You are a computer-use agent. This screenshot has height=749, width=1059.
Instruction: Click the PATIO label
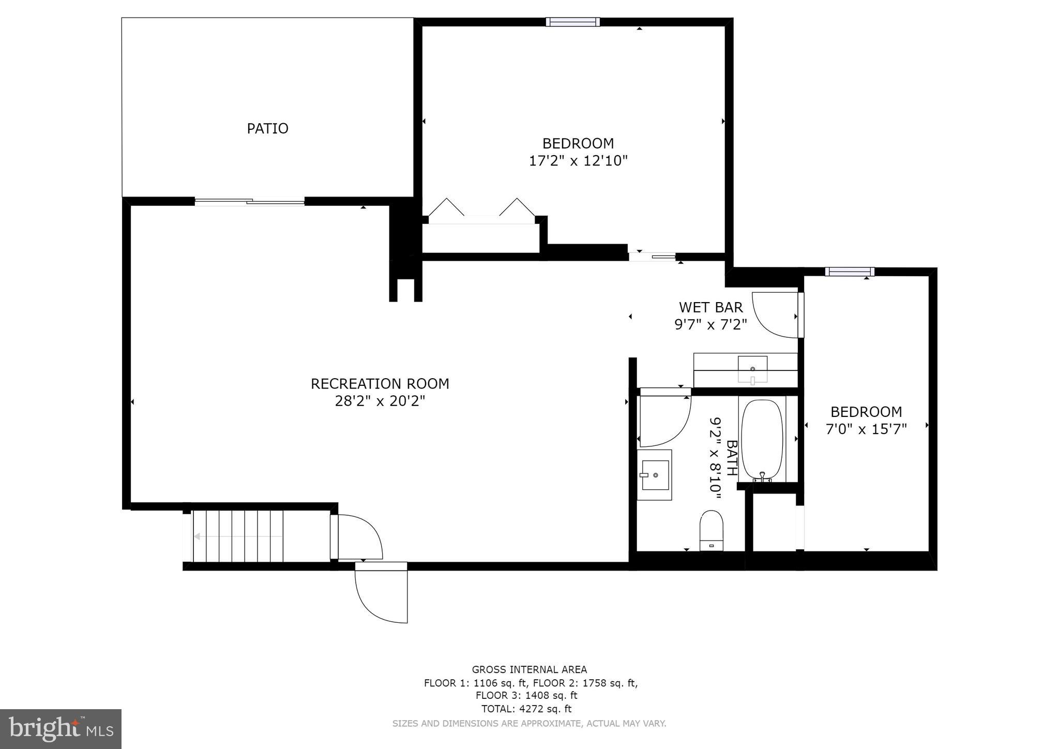pos(267,128)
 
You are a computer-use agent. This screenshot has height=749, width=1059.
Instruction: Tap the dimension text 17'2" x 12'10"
pos(578,161)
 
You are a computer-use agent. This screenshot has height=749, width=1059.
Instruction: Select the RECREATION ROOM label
pos(380,384)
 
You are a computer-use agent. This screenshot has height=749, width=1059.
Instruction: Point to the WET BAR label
pos(710,307)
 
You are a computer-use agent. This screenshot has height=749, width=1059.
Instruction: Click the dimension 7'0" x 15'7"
pos(866,429)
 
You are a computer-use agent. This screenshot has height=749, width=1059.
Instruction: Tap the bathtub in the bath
pos(762,440)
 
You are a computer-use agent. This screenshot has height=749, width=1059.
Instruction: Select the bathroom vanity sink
pos(655,474)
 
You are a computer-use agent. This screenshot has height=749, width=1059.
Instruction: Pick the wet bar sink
pos(752,369)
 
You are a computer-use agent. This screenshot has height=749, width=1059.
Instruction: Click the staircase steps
pos(238,536)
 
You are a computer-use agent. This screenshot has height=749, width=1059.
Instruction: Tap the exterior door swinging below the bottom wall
pos(381,595)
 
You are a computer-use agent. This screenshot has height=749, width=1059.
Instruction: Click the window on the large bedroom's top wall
pos(572,22)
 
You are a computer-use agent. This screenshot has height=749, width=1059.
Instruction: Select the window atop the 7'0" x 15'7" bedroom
pos(849,272)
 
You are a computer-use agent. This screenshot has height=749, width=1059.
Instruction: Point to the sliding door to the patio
pos(249,202)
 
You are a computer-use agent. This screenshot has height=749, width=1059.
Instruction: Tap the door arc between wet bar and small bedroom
pos(774,314)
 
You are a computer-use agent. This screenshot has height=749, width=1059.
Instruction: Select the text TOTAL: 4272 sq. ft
pos(526,709)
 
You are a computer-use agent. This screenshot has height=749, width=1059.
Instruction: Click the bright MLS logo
pos(60,729)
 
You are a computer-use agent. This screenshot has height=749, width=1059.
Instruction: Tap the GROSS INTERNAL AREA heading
pos(529,669)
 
